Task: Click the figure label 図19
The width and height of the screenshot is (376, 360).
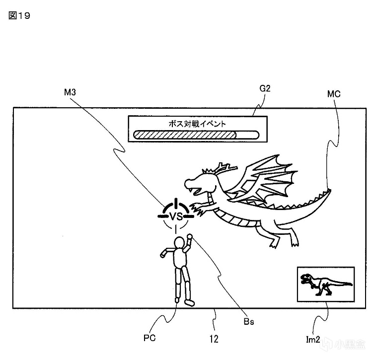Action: click(x=19, y=15)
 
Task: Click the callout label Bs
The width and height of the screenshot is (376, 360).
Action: click(x=249, y=322)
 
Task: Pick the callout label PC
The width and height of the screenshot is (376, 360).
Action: click(x=150, y=338)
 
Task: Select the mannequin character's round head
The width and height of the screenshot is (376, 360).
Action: click(x=179, y=243)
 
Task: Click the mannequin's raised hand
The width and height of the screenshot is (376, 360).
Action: click(x=189, y=237)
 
